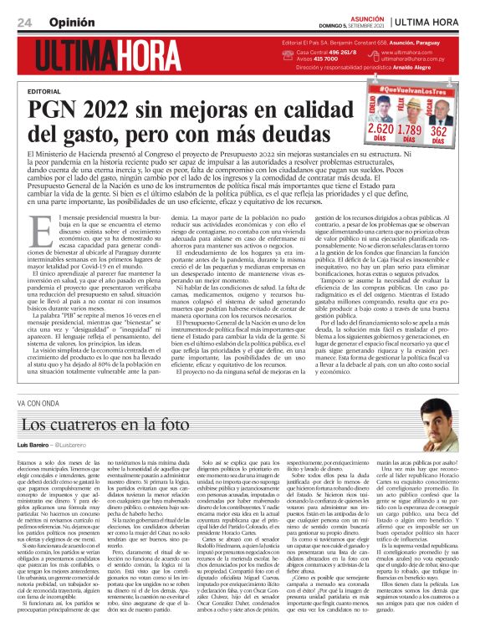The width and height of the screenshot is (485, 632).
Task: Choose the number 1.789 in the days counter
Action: [x=411, y=130]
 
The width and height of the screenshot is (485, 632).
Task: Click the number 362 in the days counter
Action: [x=438, y=130]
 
